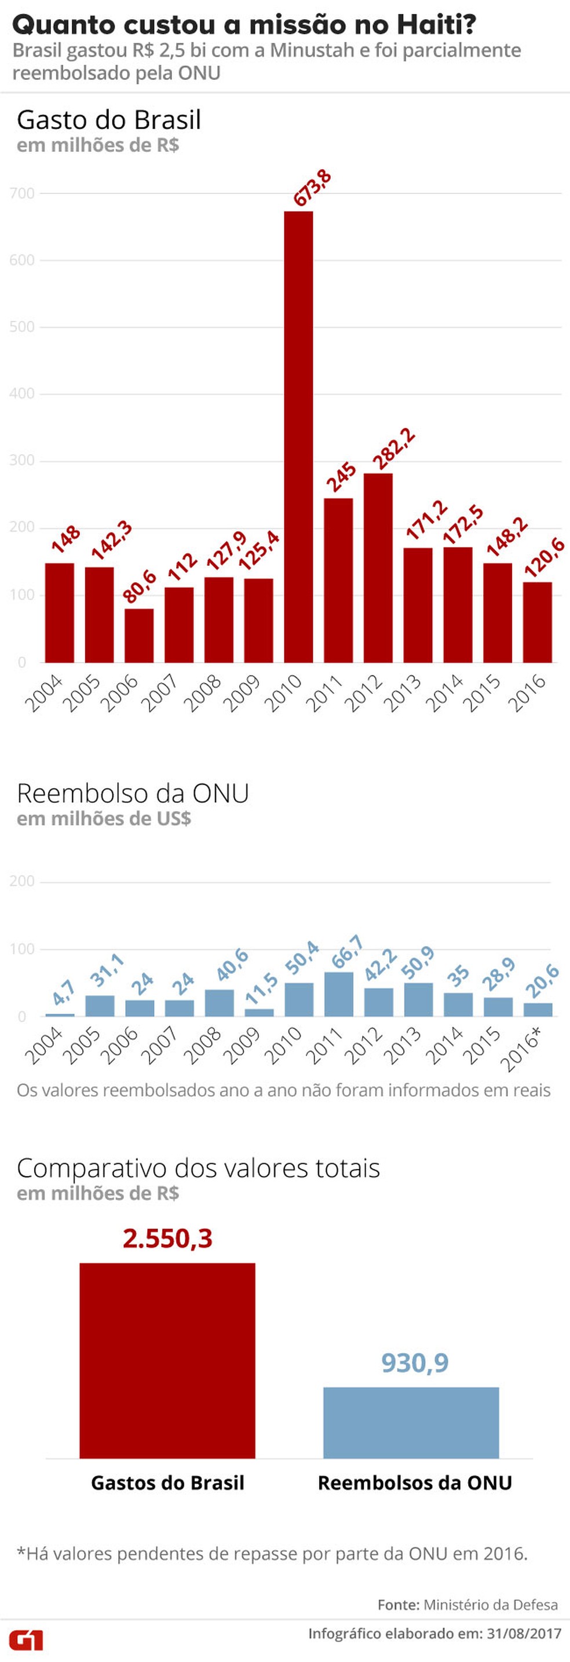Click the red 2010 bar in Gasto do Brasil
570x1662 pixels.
298,437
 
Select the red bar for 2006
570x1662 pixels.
139,635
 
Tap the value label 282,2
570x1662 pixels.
394,449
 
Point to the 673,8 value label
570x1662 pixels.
312,188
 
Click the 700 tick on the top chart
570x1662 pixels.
22,193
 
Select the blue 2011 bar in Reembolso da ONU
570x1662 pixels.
338,994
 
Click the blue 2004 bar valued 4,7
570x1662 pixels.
60,1015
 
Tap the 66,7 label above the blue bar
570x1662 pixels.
347,952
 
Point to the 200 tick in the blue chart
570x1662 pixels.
22,881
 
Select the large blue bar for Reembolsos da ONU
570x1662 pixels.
411,1423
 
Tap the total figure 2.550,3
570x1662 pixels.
167,1238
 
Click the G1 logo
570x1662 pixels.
27,1639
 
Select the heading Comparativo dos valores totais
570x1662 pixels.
198,1168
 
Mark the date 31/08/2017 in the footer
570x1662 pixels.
524,1634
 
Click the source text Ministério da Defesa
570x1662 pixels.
491,1605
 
